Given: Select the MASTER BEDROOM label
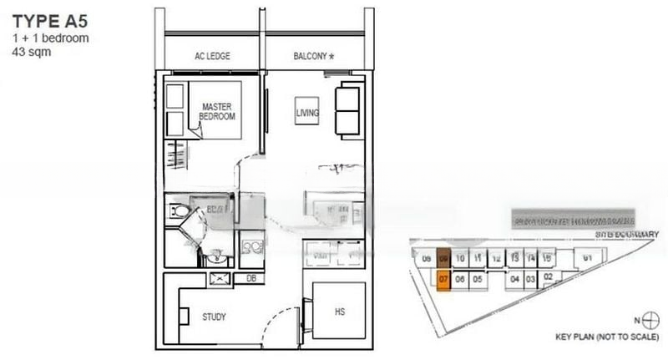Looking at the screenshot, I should click(216, 111).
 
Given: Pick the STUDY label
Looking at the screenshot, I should click(215, 317).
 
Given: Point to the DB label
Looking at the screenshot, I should click(251, 278).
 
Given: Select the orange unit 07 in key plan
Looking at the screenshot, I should click(444, 280).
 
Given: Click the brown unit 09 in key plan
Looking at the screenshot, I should click(444, 259).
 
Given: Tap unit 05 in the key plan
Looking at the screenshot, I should click(478, 280).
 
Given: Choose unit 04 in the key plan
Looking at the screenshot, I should click(514, 279).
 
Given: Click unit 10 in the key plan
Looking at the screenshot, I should click(460, 259).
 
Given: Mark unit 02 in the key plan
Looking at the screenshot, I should click(548, 276).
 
